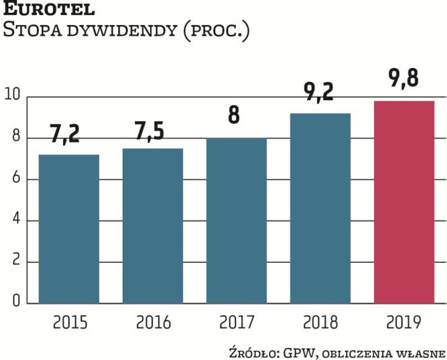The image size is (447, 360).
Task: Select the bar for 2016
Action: pyautogui.click(x=153, y=225)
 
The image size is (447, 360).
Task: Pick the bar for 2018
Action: pyautogui.click(x=320, y=208)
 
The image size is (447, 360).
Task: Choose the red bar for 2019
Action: pyautogui.click(x=404, y=202)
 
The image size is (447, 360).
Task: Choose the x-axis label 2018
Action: pyautogui.click(x=321, y=322)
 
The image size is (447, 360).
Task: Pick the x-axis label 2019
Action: pyautogui.click(x=404, y=322)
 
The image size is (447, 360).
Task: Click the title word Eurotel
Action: pyautogui.click(x=49, y=10)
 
